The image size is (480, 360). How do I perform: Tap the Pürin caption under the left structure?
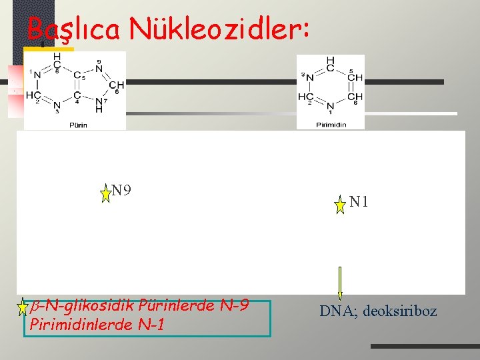77,124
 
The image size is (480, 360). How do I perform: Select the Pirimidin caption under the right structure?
331,124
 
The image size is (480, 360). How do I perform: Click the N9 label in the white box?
121,191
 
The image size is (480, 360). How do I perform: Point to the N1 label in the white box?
359,201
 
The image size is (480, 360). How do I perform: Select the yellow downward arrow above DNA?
340,283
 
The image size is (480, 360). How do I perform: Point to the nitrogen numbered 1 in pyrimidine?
331,105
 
